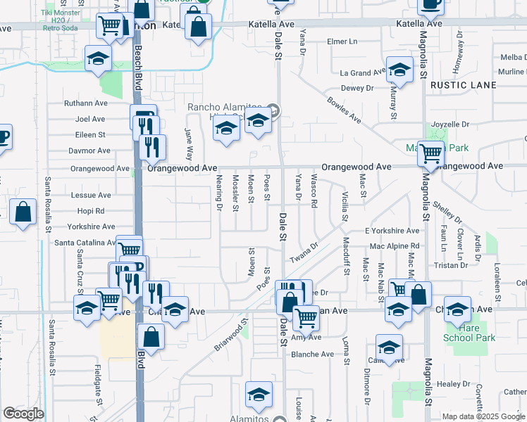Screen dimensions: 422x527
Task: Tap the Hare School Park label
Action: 469,333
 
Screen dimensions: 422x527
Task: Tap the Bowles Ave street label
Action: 343,110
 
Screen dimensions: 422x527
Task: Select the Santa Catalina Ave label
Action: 85,243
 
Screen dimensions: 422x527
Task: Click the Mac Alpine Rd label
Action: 395,246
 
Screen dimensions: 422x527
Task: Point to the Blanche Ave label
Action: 312,354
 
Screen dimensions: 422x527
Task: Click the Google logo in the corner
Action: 23,414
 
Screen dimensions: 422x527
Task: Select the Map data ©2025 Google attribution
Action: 483,416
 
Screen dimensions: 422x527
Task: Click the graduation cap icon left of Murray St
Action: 399,70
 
